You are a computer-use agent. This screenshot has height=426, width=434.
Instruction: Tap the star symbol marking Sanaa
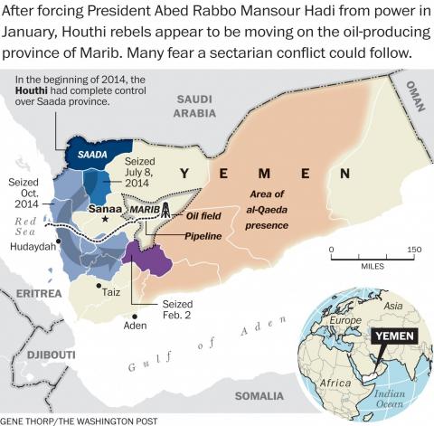click(106, 218)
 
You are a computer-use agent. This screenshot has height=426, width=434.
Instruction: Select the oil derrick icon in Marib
click(165, 210)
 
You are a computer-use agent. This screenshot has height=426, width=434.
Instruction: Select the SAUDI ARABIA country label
click(195, 105)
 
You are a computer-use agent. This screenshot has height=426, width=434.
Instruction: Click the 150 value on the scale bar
click(413, 249)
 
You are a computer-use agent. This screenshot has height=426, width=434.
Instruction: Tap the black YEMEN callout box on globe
click(395, 335)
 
